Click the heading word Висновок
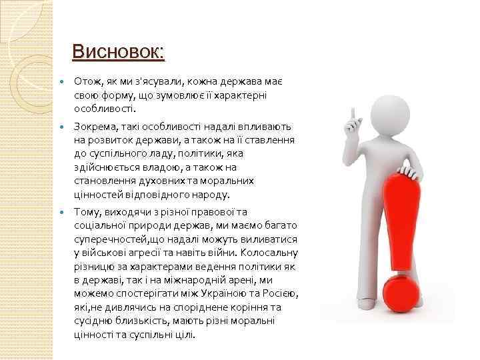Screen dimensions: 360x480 pos(117,51)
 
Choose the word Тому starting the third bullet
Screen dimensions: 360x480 pos(87,212)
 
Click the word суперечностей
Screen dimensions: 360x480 pos(106,239)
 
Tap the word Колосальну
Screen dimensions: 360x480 pos(271,253)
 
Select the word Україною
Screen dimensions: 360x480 pos(233,294)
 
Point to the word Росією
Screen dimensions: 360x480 pos(281,294)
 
